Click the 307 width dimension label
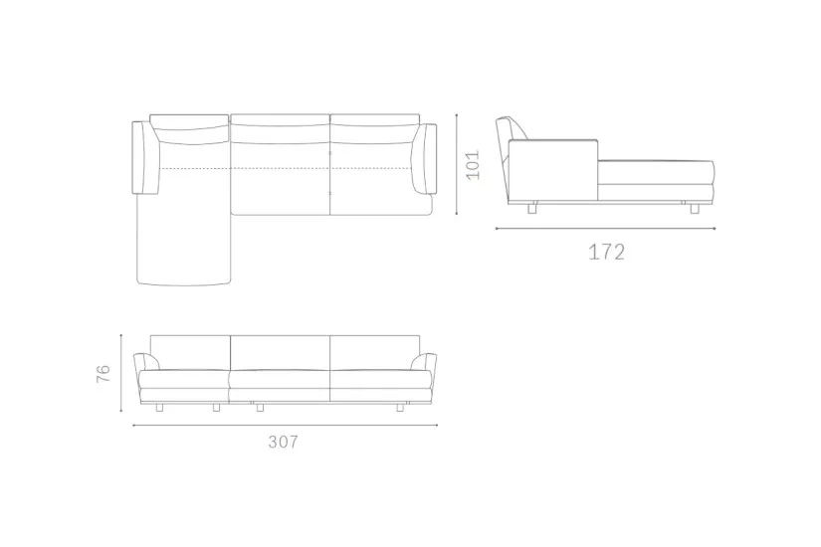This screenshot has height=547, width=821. [x=284, y=442]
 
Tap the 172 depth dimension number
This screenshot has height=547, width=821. [x=606, y=253]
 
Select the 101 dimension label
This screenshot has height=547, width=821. [x=473, y=165]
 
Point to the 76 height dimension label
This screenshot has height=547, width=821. [x=103, y=373]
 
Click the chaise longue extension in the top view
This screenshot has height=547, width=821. [x=183, y=240]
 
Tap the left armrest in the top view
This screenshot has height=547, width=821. [x=145, y=157]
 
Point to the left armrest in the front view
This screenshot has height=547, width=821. [x=146, y=362]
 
